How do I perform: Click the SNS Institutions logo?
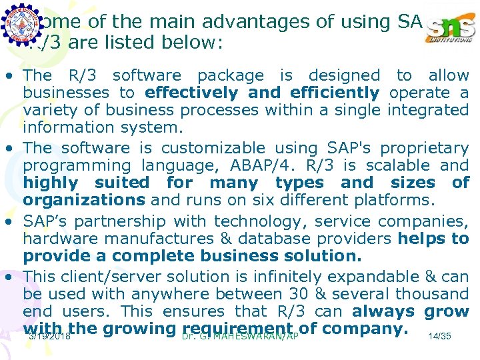click(x=451, y=27)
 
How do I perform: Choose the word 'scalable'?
click(x=403, y=165)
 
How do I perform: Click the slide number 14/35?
click(x=440, y=337)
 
